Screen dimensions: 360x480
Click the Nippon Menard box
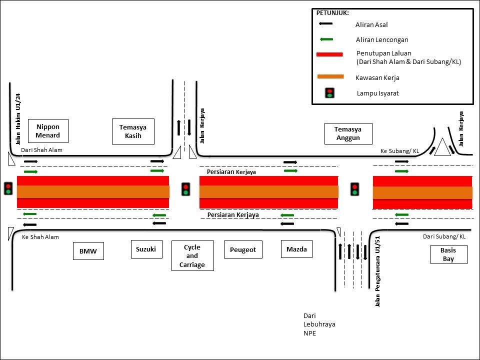click(x=48, y=131)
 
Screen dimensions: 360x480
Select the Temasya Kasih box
click(x=133, y=131)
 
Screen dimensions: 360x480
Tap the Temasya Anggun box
click(x=347, y=133)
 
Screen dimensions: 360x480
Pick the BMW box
click(x=88, y=251)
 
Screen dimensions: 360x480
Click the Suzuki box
click(x=146, y=249)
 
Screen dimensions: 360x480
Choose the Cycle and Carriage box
click(x=192, y=256)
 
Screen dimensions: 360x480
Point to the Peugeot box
click(x=243, y=249)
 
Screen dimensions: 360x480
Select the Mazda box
click(x=296, y=249)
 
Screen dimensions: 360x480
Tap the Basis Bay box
click(x=448, y=254)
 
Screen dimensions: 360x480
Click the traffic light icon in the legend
click(x=330, y=93)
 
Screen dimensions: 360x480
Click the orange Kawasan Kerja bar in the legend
click(x=330, y=76)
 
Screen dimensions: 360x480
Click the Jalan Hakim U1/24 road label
click(x=18, y=119)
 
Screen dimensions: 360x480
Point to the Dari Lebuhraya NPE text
click(x=319, y=324)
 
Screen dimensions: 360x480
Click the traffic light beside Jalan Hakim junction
click(x=8, y=188)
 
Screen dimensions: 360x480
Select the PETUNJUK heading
click(x=332, y=12)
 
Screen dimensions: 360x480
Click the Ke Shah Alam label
click(x=40, y=237)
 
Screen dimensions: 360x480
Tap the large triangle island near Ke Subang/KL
click(x=443, y=149)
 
